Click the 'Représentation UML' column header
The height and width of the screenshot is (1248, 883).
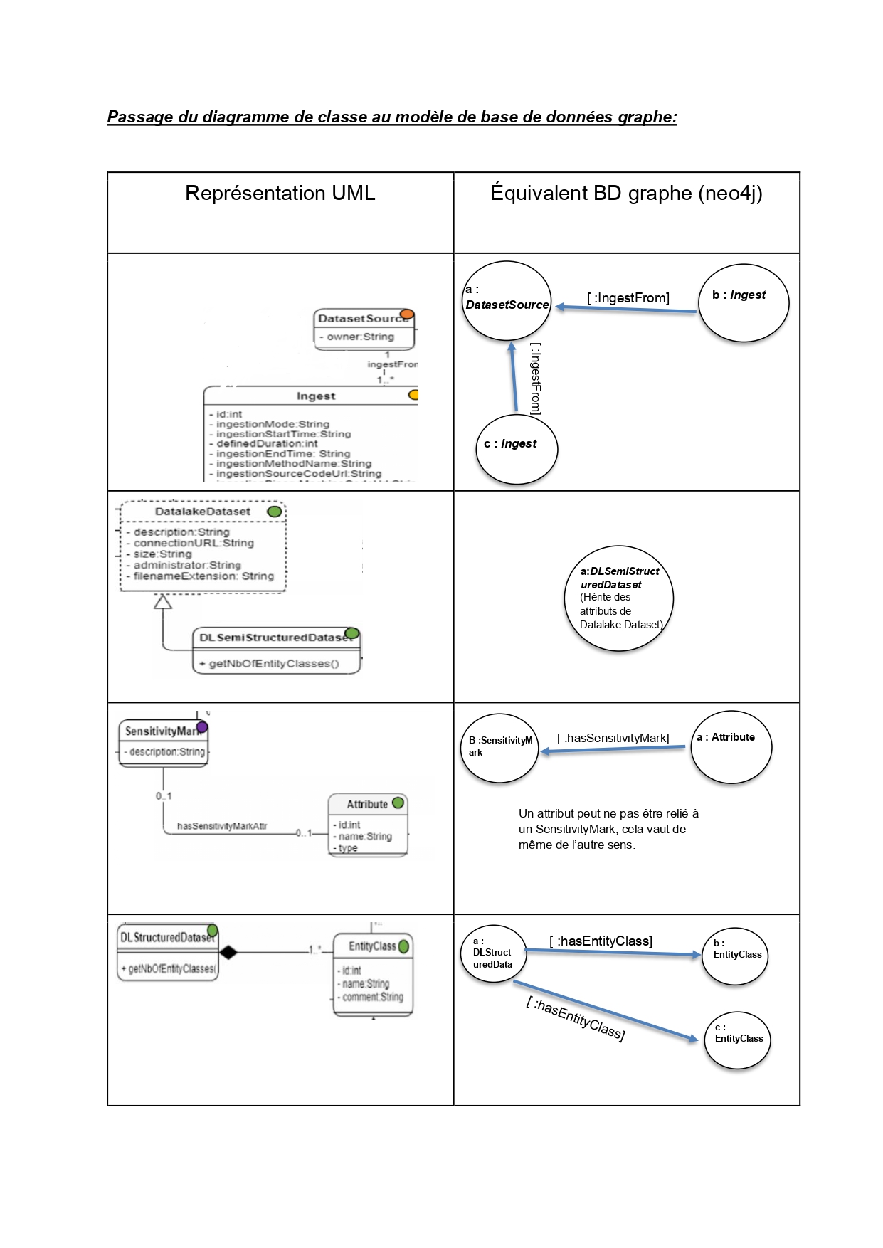click(280, 194)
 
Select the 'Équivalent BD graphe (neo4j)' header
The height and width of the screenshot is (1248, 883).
click(626, 194)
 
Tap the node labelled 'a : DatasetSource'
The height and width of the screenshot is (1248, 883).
click(507, 300)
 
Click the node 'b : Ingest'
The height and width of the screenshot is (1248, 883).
click(743, 303)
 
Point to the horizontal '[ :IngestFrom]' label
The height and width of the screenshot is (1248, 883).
click(628, 298)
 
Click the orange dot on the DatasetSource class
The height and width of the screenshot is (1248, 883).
click(406, 314)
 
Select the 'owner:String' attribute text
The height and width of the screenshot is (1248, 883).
click(360, 337)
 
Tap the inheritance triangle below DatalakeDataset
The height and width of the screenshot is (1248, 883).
click(163, 602)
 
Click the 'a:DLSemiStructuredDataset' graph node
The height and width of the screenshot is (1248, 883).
click(621, 598)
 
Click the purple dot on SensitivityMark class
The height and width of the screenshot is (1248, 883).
click(202, 727)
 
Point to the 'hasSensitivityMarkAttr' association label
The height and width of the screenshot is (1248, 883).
click(222, 826)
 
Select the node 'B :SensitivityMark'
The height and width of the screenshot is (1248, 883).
click(500, 748)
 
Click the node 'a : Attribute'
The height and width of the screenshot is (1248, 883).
click(731, 747)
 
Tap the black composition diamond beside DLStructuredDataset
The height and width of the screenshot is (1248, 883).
click(228, 952)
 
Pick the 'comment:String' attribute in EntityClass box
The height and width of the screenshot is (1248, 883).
click(372, 997)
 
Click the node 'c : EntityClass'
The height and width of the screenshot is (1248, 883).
click(738, 1040)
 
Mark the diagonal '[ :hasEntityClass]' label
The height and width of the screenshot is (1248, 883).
click(575, 1019)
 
